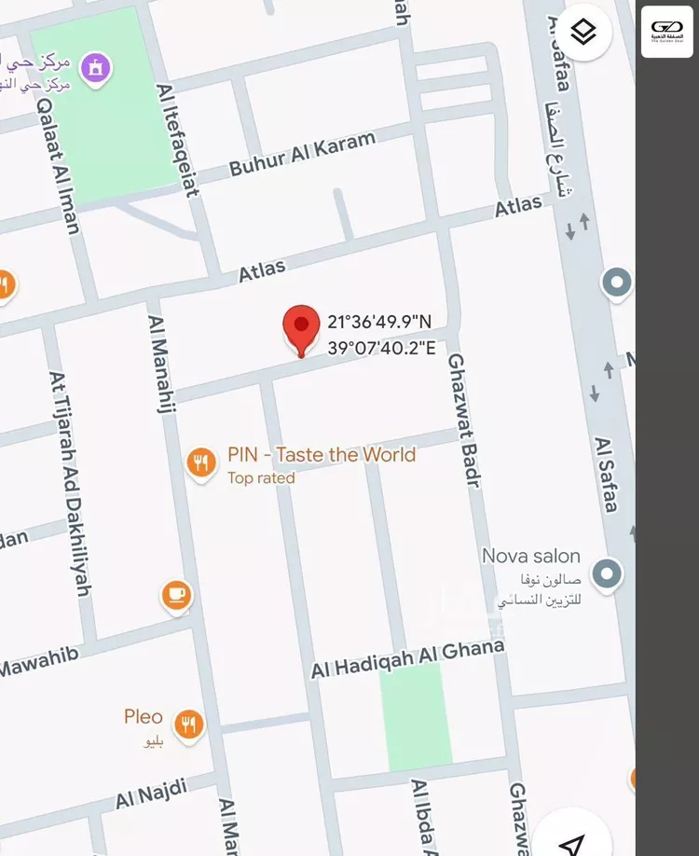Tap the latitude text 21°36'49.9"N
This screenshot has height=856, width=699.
pyautogui.click(x=379, y=323)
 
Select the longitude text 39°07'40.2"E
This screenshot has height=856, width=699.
pyautogui.click(x=381, y=348)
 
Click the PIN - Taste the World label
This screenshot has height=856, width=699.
pyautogui.click(x=322, y=455)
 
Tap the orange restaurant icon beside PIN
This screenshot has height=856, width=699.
pyautogui.click(x=200, y=463)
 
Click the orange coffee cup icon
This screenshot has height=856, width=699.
pyautogui.click(x=176, y=595)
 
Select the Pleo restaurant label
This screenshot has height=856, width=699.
pyautogui.click(x=144, y=717)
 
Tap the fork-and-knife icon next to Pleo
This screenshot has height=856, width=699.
pyautogui.click(x=189, y=725)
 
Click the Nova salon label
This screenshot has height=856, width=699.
pyautogui.click(x=530, y=557)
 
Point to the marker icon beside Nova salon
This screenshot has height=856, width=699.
pyautogui.click(x=607, y=573)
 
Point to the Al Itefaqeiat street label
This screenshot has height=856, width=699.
pyautogui.click(x=178, y=140)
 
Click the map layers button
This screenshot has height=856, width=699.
pyautogui.click(x=582, y=32)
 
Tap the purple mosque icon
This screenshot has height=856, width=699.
pyautogui.click(x=95, y=68)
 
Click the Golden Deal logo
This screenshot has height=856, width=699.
pyautogui.click(x=667, y=32)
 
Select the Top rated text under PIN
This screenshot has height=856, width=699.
pyautogui.click(x=261, y=478)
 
